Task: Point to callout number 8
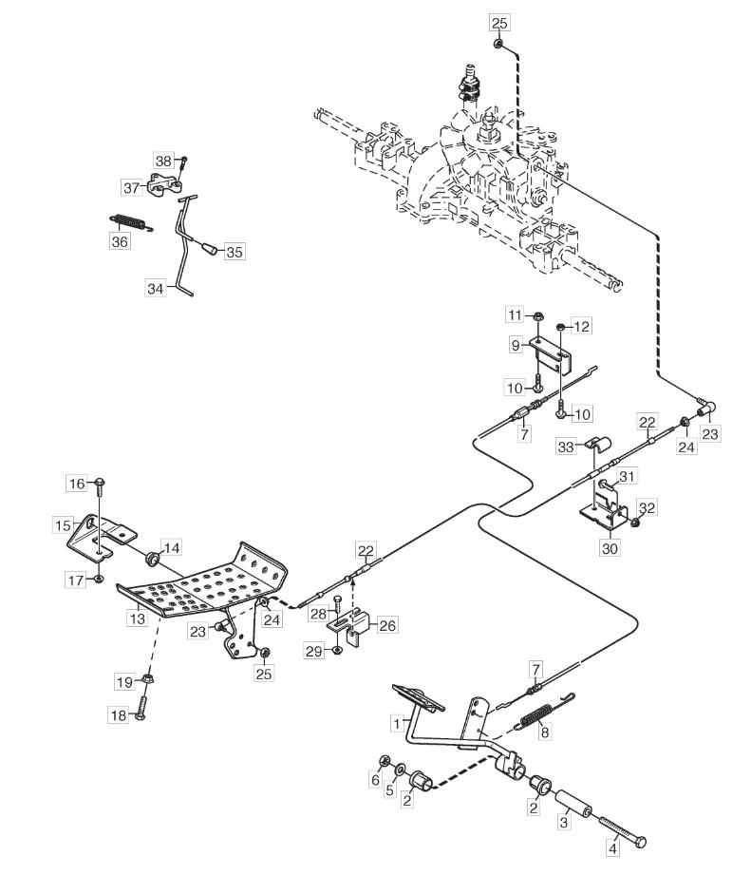point(544,734)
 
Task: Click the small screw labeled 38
point(184,161)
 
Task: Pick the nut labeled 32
point(636,522)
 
